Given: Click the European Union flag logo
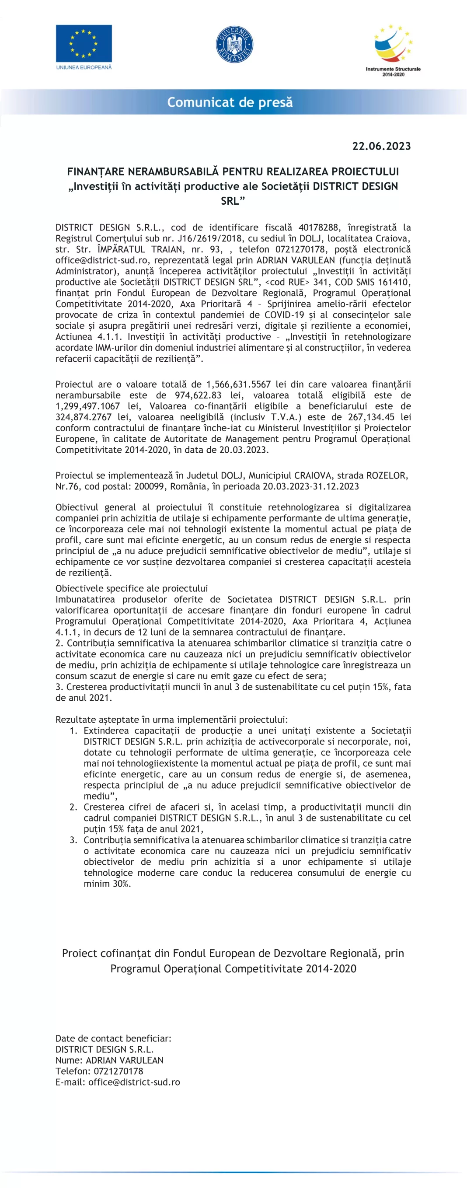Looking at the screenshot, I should [x=84, y=43].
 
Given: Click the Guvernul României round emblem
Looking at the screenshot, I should [x=234, y=45].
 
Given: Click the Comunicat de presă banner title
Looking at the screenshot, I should [x=230, y=102].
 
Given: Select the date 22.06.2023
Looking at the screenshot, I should [x=381, y=146].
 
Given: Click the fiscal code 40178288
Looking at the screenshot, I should [x=318, y=227].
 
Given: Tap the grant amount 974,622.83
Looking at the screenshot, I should [x=198, y=395].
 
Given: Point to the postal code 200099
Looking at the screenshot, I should [x=150, y=486].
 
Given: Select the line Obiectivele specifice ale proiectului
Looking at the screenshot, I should [x=131, y=588].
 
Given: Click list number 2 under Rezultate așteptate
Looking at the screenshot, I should [x=73, y=807].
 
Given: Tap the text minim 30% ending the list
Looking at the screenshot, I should [x=107, y=883].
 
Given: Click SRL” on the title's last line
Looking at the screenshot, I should [x=233, y=201].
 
